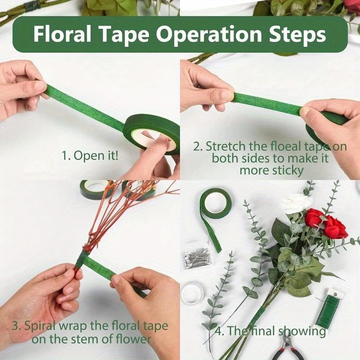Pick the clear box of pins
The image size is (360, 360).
[x=197, y=260]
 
